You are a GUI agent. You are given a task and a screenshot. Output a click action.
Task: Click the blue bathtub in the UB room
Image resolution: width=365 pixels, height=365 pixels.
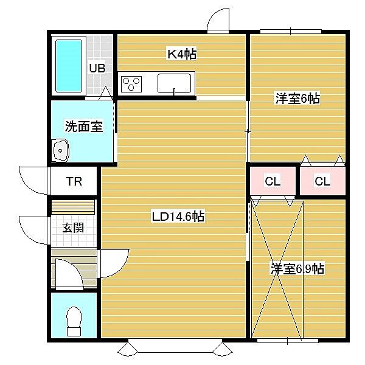69,66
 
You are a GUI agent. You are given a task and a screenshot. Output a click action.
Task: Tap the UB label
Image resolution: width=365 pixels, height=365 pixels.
97,68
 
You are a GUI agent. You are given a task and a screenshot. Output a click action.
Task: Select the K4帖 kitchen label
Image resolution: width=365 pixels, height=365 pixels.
182,54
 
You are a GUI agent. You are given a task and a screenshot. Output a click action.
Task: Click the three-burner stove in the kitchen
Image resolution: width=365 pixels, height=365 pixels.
131,84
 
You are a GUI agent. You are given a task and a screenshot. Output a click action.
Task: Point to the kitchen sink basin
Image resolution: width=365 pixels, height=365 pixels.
174,83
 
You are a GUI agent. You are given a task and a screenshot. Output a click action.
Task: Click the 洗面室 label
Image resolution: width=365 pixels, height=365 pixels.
84,127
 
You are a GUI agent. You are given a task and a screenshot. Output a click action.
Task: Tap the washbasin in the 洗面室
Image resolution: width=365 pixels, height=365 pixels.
60,150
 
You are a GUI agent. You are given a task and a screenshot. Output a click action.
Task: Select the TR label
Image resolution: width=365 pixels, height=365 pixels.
74,181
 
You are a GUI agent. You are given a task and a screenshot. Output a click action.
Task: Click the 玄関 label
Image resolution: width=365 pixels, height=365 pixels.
73,228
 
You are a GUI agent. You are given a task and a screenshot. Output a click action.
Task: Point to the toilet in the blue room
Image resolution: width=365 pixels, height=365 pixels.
74,321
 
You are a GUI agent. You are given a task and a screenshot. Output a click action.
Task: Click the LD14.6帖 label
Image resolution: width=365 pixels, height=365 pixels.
178,217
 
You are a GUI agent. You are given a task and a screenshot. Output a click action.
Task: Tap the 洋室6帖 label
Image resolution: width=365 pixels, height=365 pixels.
297,98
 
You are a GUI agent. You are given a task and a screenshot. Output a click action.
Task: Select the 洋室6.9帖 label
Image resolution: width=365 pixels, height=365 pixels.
297,269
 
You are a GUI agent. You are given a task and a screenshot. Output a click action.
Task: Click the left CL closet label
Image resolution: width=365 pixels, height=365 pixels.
273,181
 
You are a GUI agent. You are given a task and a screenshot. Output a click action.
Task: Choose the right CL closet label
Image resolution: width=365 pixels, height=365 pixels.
322,181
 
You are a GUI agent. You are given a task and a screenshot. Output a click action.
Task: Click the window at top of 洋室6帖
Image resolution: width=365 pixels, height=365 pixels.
291,31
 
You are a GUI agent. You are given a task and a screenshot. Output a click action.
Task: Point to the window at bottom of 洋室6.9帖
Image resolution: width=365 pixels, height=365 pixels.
288,341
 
